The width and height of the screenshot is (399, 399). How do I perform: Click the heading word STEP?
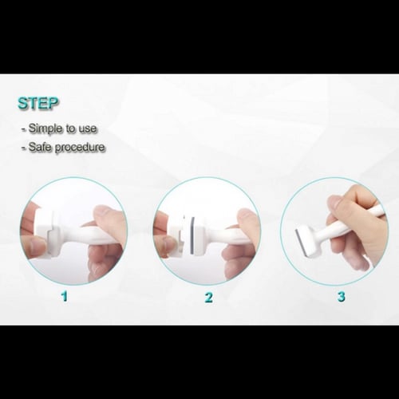coord(38,103)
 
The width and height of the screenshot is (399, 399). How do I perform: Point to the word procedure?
coord(80,148)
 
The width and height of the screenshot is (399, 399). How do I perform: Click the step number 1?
coord(65,296)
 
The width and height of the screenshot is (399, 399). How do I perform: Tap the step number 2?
coord(209,297)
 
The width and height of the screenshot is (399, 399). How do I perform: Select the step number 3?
coord(342,296)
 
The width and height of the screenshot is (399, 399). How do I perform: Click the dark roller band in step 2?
coord(192,235)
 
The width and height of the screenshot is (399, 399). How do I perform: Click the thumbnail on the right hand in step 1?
coord(103,212)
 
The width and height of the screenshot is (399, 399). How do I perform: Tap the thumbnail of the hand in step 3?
coord(334,203)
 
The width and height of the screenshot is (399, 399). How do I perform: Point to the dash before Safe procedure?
coord(24,148)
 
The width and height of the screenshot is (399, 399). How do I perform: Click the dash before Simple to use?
coord(24,130)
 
